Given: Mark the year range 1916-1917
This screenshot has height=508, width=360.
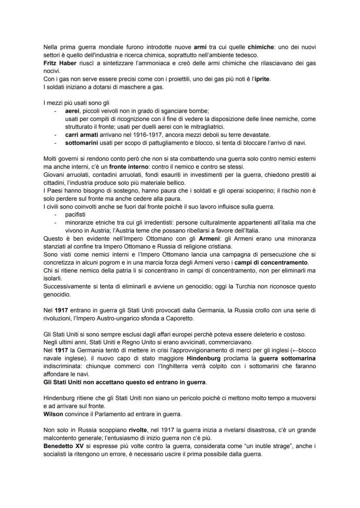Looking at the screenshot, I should click(x=155, y=135).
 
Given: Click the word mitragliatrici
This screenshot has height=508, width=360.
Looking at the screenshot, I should click(x=205, y=126).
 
